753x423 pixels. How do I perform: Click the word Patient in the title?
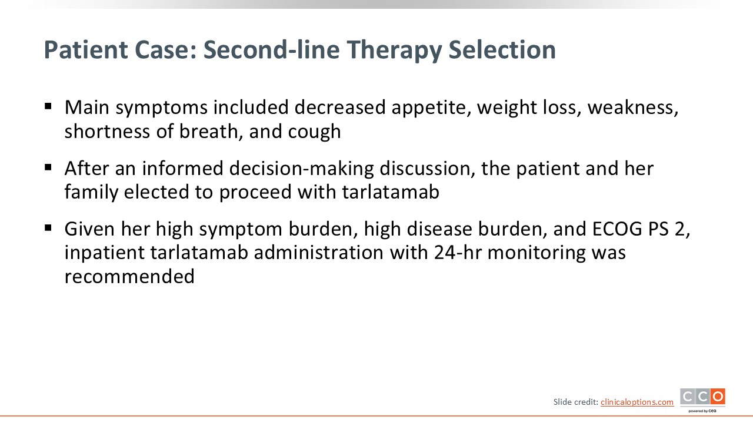point(86,50)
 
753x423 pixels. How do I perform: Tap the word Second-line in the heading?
point(272,50)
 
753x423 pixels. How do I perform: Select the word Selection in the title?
point(502,50)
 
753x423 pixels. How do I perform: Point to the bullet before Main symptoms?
point(48,106)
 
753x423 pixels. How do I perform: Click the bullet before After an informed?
point(48,167)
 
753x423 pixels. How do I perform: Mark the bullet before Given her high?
point(48,228)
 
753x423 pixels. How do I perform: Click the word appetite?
point(431,108)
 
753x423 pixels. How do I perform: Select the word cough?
point(314,132)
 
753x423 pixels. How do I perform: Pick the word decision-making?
point(302,169)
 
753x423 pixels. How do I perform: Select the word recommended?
point(129,277)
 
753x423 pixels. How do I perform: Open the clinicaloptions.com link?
point(637,402)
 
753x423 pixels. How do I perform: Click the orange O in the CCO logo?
point(718,397)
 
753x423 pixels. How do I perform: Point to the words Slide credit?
point(576,402)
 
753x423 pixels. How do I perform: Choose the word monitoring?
point(537,253)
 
